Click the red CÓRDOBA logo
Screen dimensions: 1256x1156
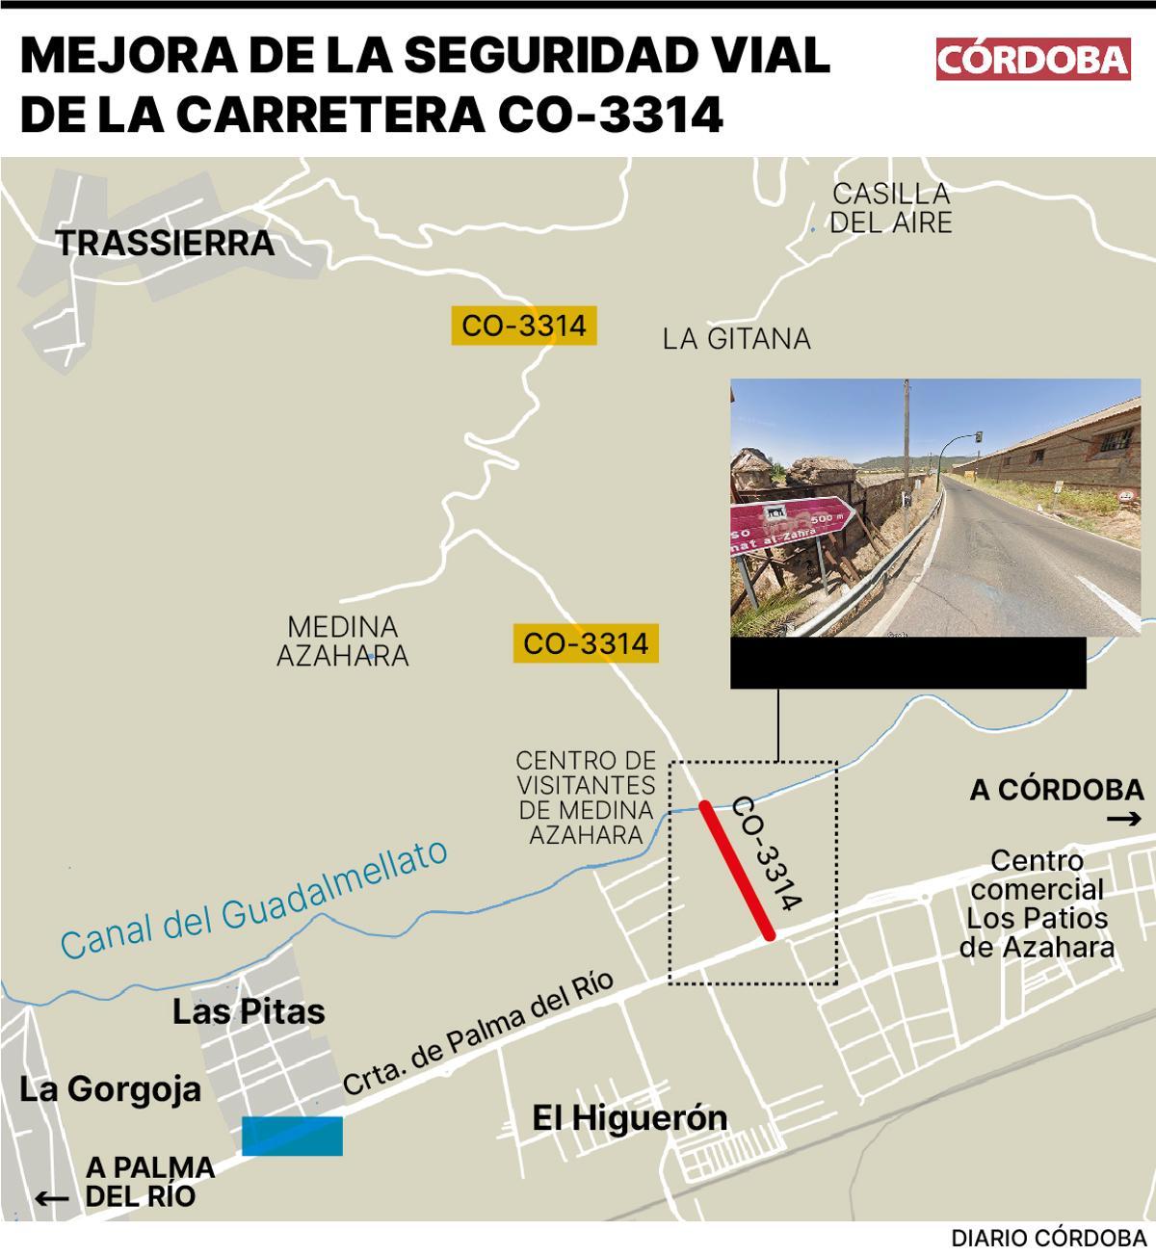tap(1033, 60)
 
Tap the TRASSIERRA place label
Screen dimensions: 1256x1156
tap(165, 244)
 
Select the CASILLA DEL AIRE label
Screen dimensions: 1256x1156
tap(891, 208)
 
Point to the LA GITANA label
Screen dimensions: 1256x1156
tap(737, 339)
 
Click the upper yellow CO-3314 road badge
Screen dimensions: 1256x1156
tap(524, 326)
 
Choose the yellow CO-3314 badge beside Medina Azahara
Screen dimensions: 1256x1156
tap(586, 642)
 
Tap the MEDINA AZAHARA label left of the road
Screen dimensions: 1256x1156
tap(343, 641)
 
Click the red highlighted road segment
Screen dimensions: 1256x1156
tap(737, 870)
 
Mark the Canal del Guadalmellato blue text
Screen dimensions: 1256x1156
tap(254, 900)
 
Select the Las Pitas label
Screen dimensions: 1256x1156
tap(249, 1011)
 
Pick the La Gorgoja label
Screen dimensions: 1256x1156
tap(111, 1089)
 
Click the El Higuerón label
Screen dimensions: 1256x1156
tap(630, 1118)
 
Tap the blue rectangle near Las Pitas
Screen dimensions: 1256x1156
tap(292, 1136)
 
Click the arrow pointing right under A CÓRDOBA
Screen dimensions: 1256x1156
tap(1123, 820)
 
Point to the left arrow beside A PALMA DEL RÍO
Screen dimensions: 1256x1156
tap(52, 1198)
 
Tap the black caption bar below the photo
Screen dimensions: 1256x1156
tap(907, 663)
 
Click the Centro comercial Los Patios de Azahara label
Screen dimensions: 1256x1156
tap(1037, 903)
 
